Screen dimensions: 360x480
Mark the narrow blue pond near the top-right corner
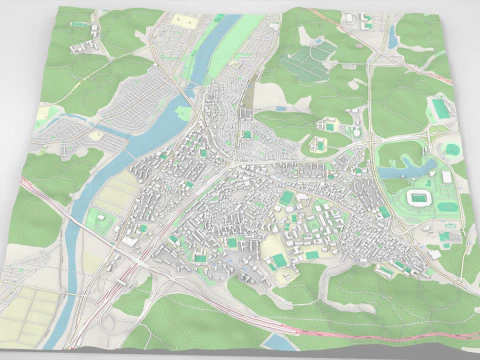pos(393,38)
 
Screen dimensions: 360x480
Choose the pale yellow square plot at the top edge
pos(184,20)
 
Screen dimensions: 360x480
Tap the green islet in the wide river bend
pos(187,112)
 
